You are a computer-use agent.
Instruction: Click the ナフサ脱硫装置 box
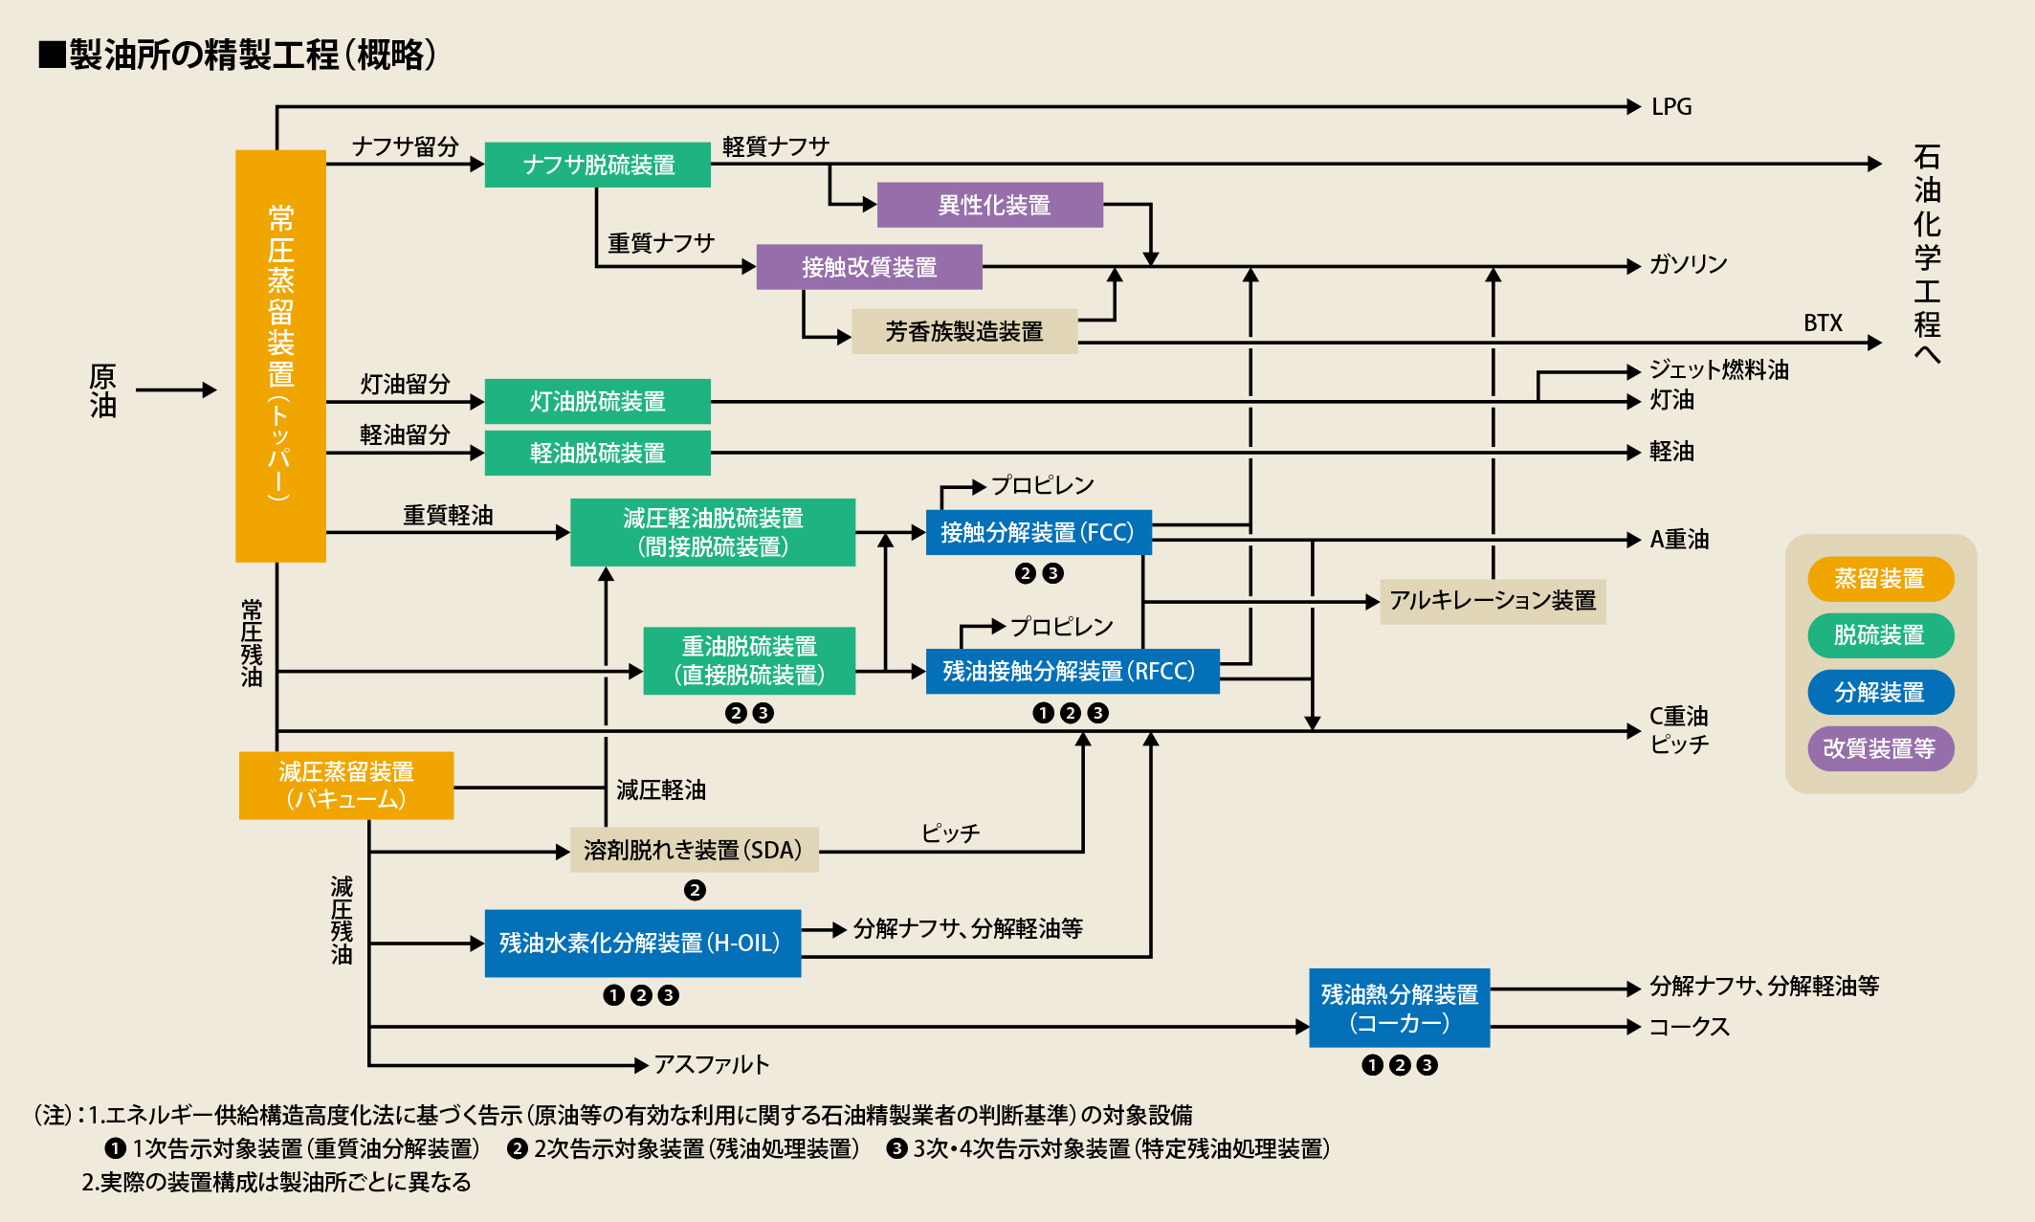[598, 165]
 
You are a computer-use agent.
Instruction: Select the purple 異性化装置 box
[989, 205]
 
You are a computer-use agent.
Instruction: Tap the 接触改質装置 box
[869, 267]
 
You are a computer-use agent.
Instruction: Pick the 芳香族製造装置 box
[963, 331]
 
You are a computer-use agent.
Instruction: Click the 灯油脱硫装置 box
[597, 401]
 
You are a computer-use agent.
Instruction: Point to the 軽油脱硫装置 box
[597, 453]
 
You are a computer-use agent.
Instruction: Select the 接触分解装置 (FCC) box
[1038, 532]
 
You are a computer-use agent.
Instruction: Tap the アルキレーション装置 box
[1492, 601]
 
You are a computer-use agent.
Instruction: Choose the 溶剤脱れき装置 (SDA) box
[694, 850]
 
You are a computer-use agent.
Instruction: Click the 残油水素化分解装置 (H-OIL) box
[642, 943]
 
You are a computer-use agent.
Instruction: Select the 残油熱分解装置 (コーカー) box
[1399, 1009]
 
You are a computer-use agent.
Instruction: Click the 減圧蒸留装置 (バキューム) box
[346, 785]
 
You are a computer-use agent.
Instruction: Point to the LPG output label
[1670, 107]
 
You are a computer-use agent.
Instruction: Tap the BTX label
[1822, 323]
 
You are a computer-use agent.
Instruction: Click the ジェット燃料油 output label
[1718, 370]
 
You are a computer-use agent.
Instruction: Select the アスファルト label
[711, 1064]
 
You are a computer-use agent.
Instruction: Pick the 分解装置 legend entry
[1879, 692]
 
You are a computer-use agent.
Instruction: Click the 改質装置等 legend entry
[1879, 748]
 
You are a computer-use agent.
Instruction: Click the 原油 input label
[103, 390]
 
